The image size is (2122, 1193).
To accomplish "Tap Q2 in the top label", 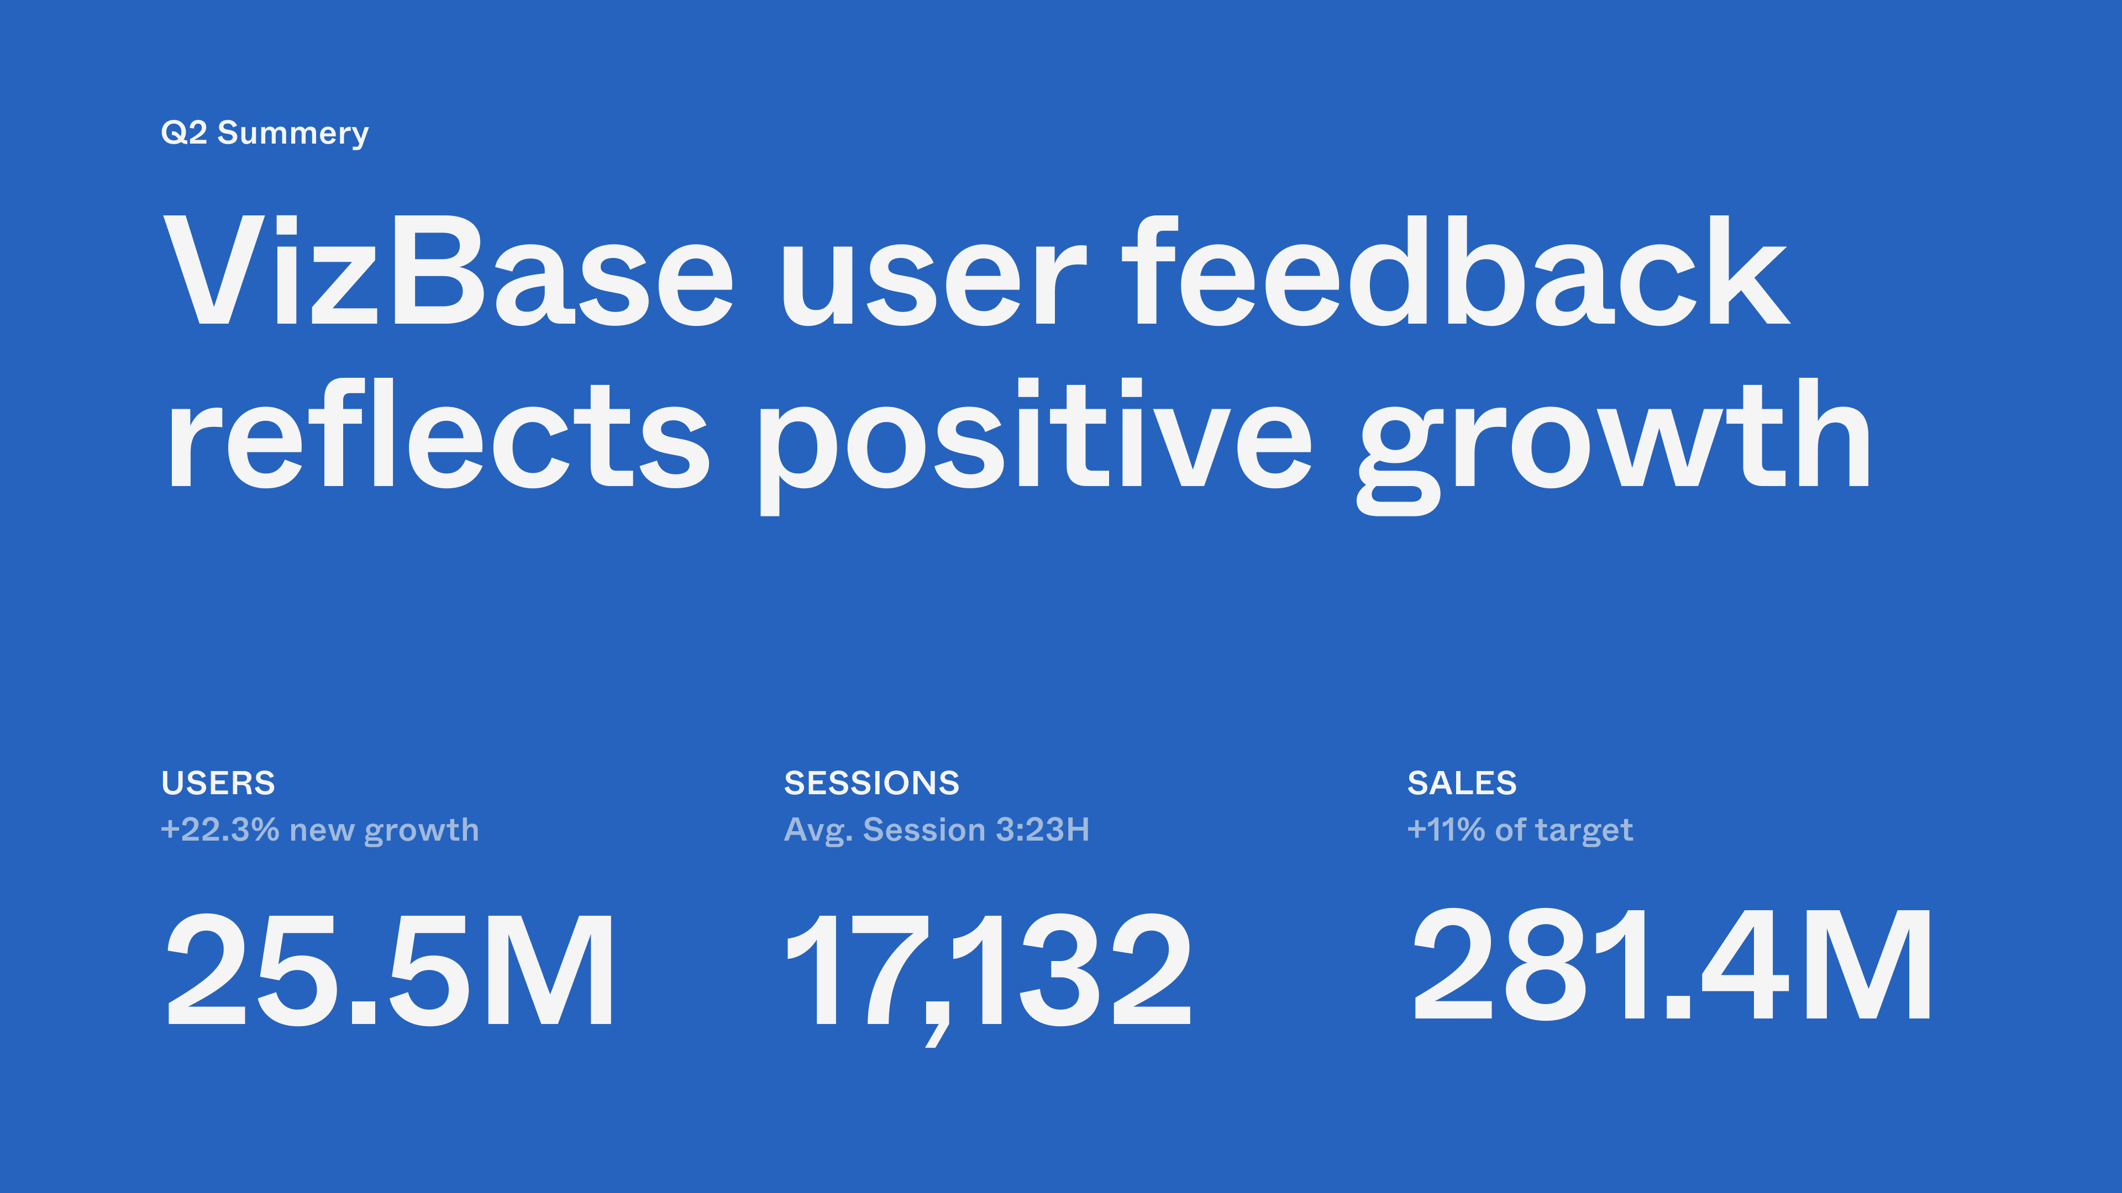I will [183, 133].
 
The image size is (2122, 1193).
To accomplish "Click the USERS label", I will [218, 783].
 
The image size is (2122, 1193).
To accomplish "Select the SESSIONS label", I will [871, 783].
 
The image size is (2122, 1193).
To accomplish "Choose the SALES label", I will [1461, 783].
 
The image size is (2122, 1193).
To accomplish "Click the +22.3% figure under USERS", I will [220, 830].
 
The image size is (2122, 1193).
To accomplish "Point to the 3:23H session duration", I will [1043, 830].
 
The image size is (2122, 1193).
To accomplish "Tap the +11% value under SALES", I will [1446, 830].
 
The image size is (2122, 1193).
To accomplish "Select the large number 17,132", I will [989, 972].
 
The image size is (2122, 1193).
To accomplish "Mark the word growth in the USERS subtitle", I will [421, 831].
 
